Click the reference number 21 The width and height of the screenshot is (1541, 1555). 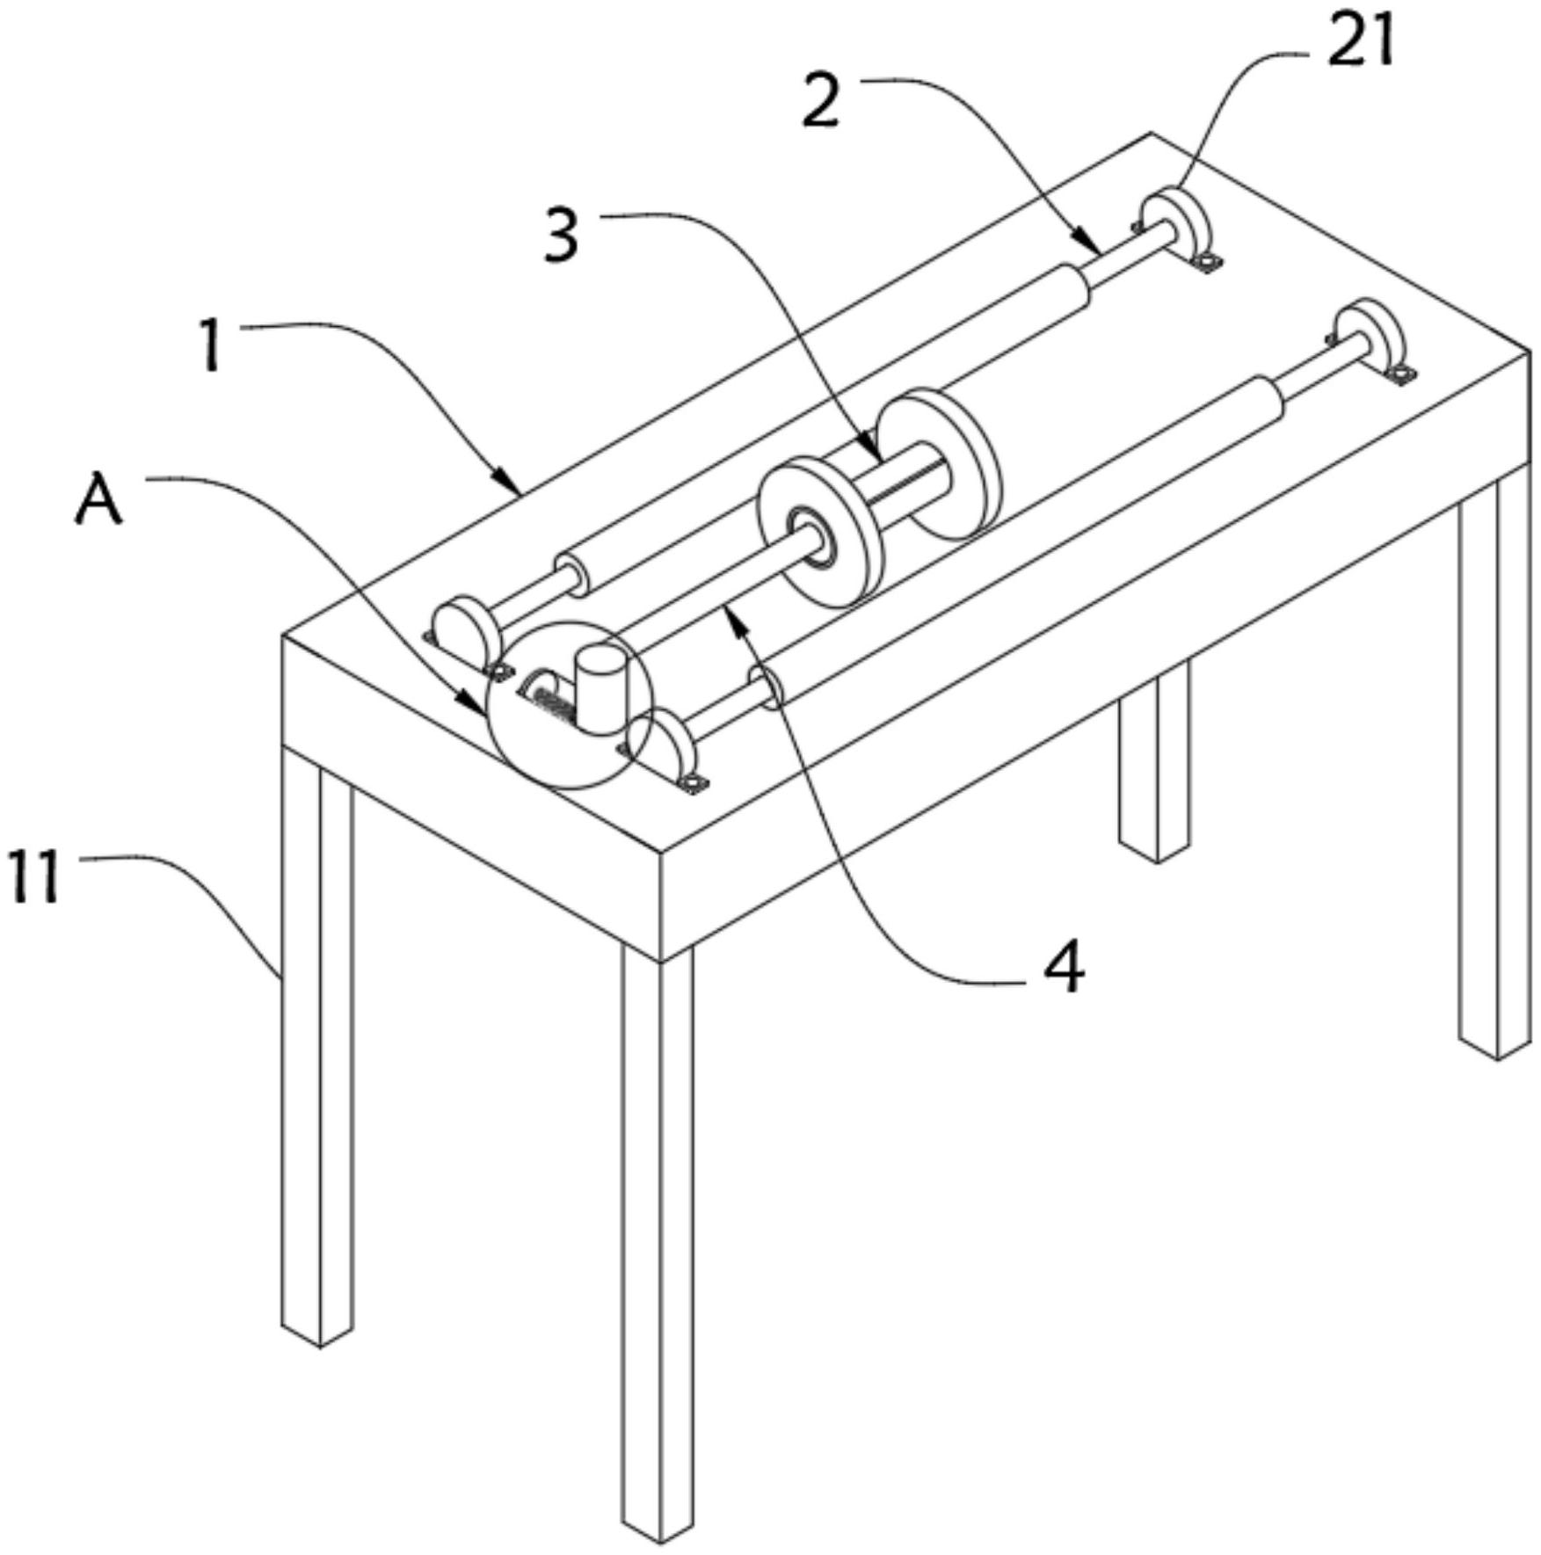(x=1361, y=42)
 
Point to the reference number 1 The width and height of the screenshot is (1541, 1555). (x=210, y=345)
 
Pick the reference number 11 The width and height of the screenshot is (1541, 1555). (x=35, y=876)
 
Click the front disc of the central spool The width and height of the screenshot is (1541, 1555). (x=820, y=531)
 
